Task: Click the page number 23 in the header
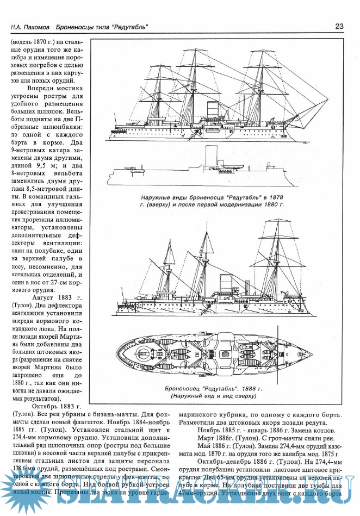339,26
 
